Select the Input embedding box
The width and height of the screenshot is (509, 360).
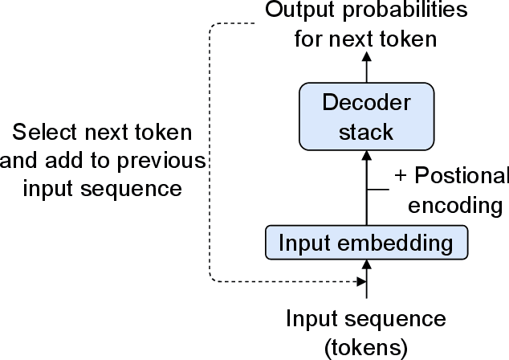point(366,242)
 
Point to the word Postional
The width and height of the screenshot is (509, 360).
point(459,177)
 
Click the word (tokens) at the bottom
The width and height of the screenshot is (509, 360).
point(366,347)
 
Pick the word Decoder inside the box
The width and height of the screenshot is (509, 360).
point(366,102)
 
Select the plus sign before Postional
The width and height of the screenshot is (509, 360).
point(400,177)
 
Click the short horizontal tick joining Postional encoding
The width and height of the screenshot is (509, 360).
point(378,190)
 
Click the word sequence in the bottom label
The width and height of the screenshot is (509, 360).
point(405,320)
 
